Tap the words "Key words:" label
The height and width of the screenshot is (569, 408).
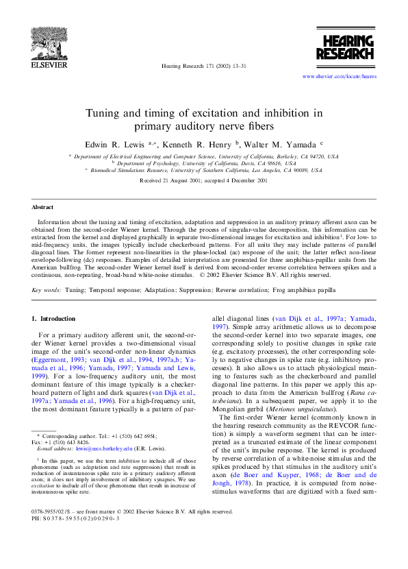tap(47, 290)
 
